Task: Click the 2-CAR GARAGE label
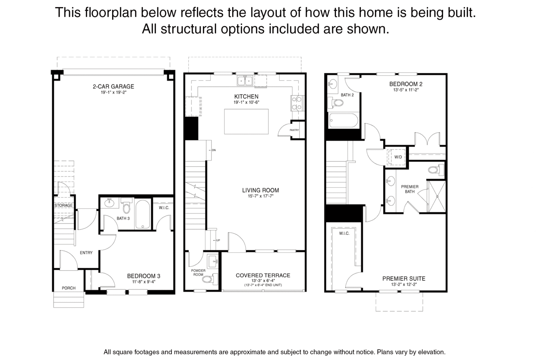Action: (113, 87)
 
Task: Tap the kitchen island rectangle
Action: (246, 121)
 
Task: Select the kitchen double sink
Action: (245, 80)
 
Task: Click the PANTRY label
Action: (294, 130)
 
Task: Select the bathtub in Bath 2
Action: (343, 120)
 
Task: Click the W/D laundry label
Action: (398, 157)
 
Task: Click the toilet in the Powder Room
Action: (210, 279)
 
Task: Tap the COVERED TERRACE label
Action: (263, 276)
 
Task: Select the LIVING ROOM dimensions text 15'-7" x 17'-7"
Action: (261, 196)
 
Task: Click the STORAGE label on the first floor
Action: (63, 205)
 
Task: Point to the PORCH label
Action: (69, 288)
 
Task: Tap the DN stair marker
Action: (213, 150)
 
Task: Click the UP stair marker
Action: (217, 240)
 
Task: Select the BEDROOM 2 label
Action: (406, 84)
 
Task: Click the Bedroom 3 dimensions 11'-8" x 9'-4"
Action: (144, 282)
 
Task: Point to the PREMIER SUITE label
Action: (403, 279)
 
